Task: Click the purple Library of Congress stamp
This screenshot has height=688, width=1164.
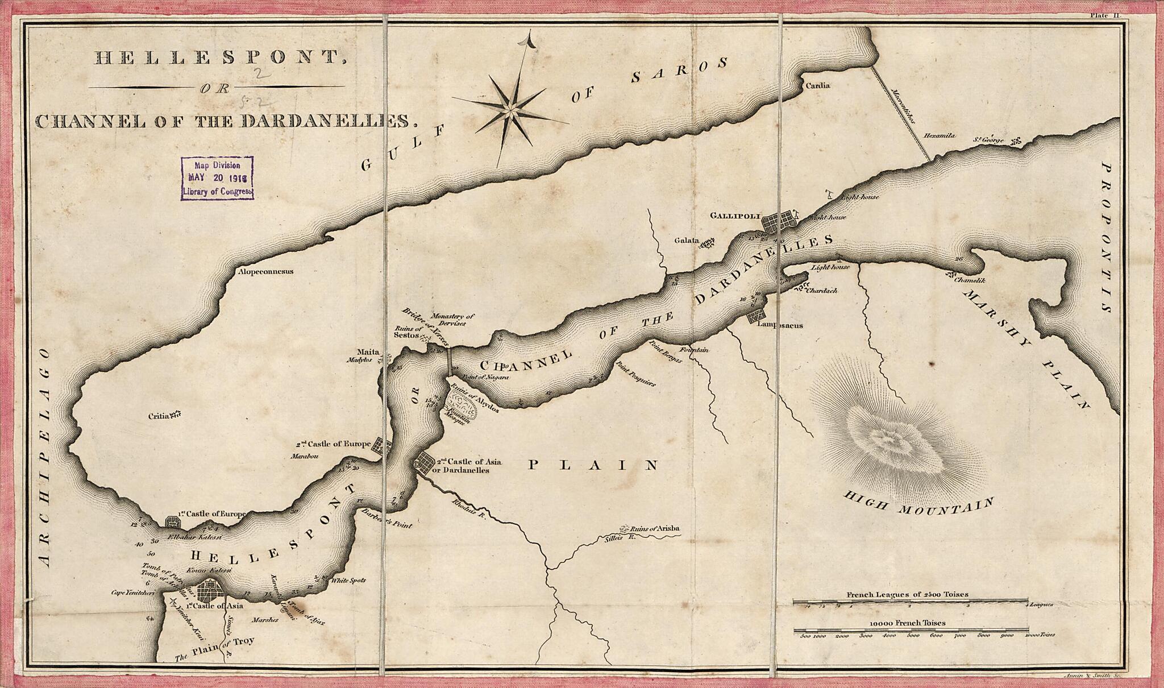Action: pyautogui.click(x=217, y=177)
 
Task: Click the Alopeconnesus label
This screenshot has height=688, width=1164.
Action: pyautogui.click(x=265, y=272)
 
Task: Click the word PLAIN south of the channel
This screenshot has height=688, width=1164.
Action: pyautogui.click(x=593, y=466)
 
